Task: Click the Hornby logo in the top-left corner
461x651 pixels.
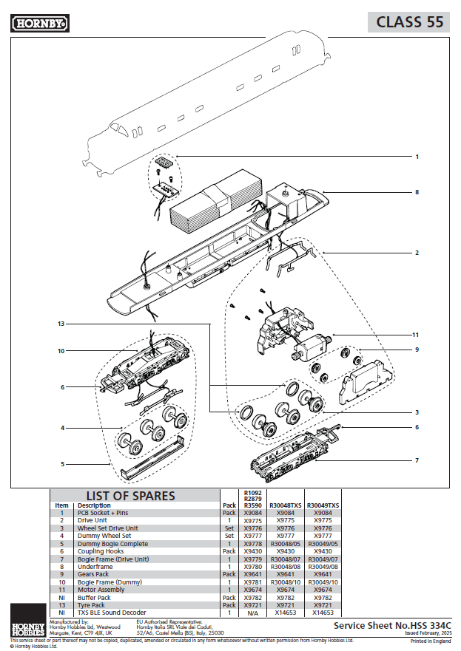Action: pyautogui.click(x=40, y=24)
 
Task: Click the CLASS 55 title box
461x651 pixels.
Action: pyautogui.click(x=409, y=22)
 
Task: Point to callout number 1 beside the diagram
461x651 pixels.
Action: pyautogui.click(x=417, y=157)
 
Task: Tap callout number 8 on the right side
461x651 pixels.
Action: pyautogui.click(x=417, y=192)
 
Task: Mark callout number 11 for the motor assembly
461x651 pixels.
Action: pyautogui.click(x=417, y=334)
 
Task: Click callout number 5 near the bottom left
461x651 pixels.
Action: pyautogui.click(x=62, y=464)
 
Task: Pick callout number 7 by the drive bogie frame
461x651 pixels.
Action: pyautogui.click(x=417, y=460)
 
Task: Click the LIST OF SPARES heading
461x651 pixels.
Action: pyautogui.click(x=131, y=496)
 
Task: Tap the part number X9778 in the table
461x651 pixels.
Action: pyautogui.click(x=252, y=543)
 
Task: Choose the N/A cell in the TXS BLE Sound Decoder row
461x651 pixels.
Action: pyautogui.click(x=252, y=613)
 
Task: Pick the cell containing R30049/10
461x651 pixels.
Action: pyautogui.click(x=323, y=582)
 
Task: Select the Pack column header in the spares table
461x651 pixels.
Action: pyautogui.click(x=229, y=505)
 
